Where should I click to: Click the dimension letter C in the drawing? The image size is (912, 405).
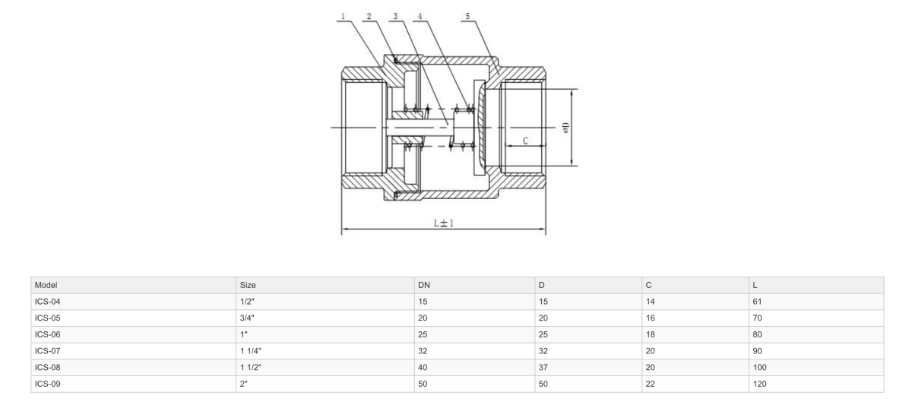click(x=525, y=141)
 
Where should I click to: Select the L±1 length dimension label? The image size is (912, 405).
click(x=443, y=223)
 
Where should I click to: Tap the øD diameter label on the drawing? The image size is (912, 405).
click(x=565, y=127)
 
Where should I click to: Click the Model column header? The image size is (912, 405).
click(x=46, y=285)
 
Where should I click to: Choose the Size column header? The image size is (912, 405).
click(x=248, y=285)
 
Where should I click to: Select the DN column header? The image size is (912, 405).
click(x=424, y=285)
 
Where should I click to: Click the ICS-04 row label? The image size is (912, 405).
click(x=48, y=302)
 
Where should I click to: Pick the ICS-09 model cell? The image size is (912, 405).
click(x=48, y=384)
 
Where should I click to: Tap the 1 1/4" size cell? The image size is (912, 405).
click(x=252, y=351)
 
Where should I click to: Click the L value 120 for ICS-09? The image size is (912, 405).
click(x=759, y=384)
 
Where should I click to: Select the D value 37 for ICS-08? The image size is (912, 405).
click(x=543, y=368)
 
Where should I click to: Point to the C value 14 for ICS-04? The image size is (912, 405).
click(x=650, y=302)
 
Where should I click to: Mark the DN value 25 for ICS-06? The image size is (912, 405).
click(x=423, y=334)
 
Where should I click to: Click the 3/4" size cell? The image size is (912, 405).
click(x=247, y=318)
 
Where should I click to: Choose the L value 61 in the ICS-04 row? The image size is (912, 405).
click(x=757, y=302)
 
